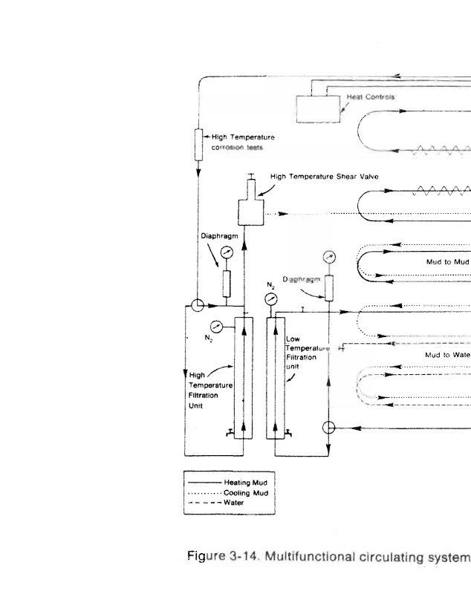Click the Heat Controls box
pos(319,108)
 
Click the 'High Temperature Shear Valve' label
pos(325,177)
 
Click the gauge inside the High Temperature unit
pos(216,324)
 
